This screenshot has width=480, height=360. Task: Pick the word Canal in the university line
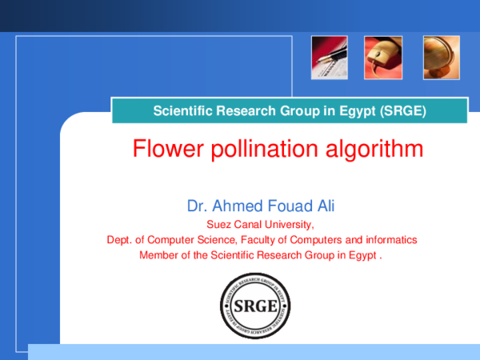246,224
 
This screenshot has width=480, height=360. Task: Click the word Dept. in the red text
119,239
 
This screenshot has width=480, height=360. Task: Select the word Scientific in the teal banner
180,110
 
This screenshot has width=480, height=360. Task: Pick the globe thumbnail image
441,58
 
